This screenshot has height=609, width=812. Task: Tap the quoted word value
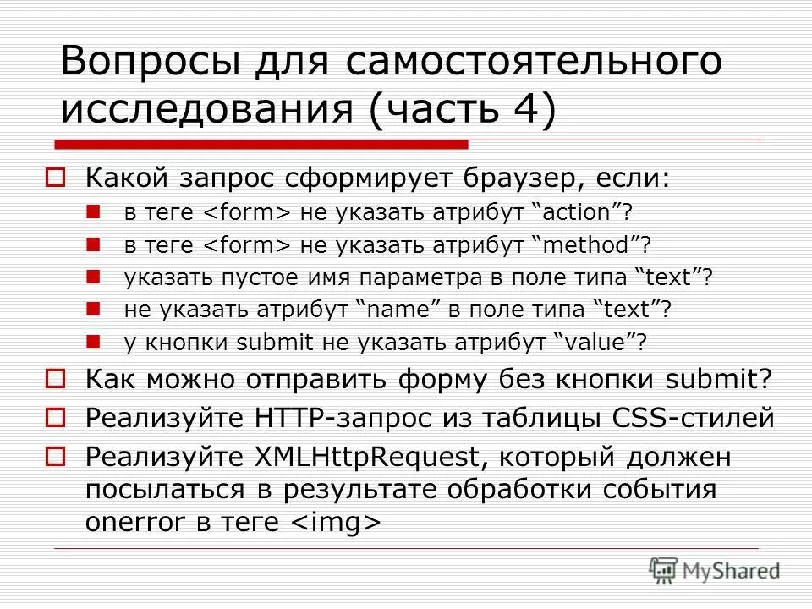[x=595, y=343]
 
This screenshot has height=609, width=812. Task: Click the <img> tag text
[x=337, y=523]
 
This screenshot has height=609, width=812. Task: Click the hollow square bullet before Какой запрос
[x=55, y=179]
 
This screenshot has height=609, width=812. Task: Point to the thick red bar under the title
[x=262, y=145]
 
